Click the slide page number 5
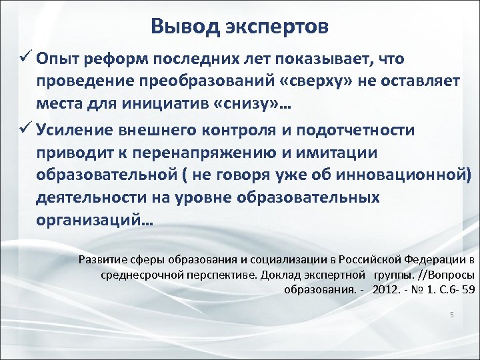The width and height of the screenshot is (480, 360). click(451, 315)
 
